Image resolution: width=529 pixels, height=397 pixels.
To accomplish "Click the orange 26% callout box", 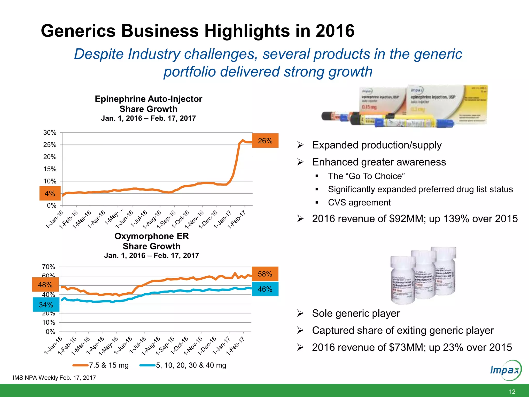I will pyautogui.click(x=265, y=141).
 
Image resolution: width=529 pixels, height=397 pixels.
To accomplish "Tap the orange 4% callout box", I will pyautogui.click(x=50, y=193).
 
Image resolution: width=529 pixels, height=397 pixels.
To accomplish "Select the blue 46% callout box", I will pyautogui.click(x=265, y=289).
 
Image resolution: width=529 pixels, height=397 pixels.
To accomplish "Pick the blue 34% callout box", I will pyautogui.click(x=46, y=304).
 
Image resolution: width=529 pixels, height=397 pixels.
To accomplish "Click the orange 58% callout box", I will pyautogui.click(x=265, y=274).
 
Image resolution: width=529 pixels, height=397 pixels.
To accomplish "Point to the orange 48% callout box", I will pyautogui.click(x=45, y=285).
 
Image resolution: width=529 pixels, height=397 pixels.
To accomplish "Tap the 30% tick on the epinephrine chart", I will pyautogui.click(x=50, y=133).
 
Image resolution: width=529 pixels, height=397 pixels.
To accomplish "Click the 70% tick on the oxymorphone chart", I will pyautogui.click(x=49, y=267).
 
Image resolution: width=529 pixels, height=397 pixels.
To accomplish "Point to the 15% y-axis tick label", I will pyautogui.click(x=50, y=169).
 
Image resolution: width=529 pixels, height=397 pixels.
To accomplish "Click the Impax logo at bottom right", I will pyautogui.click(x=505, y=370).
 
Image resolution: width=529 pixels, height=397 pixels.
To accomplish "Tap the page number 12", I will pyautogui.click(x=512, y=392).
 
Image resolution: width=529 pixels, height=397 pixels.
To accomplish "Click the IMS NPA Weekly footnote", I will pyautogui.click(x=54, y=378).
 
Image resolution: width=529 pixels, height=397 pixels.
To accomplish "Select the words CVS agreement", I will pyautogui.click(x=359, y=202).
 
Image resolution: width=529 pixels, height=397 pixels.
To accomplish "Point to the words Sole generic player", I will pyautogui.click(x=356, y=313).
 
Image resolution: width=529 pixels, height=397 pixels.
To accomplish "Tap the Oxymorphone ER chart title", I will pyautogui.click(x=152, y=236).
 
